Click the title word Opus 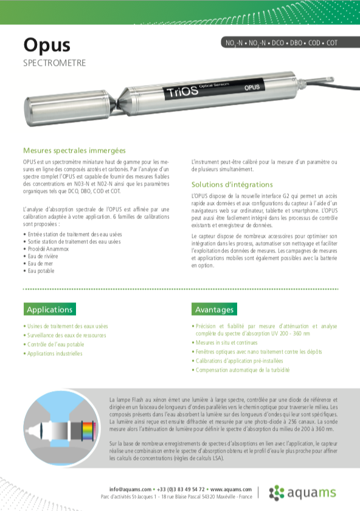tap(47, 45)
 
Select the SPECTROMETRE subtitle tap(54, 63)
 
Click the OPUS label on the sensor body tap(252, 88)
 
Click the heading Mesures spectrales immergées tap(74, 150)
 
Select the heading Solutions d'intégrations tap(232, 184)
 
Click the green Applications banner tap(50, 310)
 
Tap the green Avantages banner tap(214, 310)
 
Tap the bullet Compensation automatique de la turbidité tap(244, 370)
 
